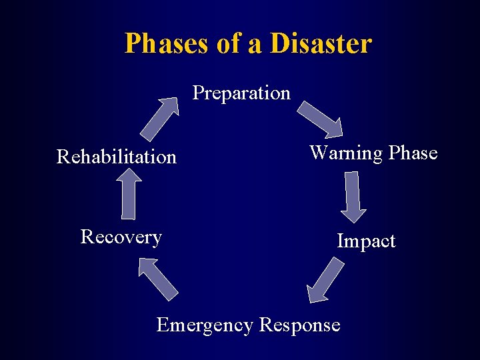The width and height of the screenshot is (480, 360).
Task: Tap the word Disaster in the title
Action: pyautogui.click(x=321, y=44)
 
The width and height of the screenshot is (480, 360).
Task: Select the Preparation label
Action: pyautogui.click(x=241, y=93)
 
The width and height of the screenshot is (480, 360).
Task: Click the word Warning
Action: pyautogui.click(x=346, y=153)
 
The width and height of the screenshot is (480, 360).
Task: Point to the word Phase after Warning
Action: pyautogui.click(x=413, y=153)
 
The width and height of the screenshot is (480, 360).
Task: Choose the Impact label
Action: pyautogui.click(x=366, y=241)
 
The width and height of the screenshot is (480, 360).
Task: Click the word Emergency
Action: pyautogui.click(x=205, y=325)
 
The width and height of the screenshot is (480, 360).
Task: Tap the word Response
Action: pyautogui.click(x=299, y=325)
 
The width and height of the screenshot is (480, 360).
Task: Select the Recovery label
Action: pyautogui.click(x=121, y=237)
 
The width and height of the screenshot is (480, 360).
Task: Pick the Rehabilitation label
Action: pyautogui.click(x=117, y=157)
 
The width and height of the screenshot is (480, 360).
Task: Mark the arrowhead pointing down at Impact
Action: pyautogui.click(x=353, y=214)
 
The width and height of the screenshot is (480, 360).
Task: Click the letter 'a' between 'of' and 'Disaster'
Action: pyautogui.click(x=257, y=45)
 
